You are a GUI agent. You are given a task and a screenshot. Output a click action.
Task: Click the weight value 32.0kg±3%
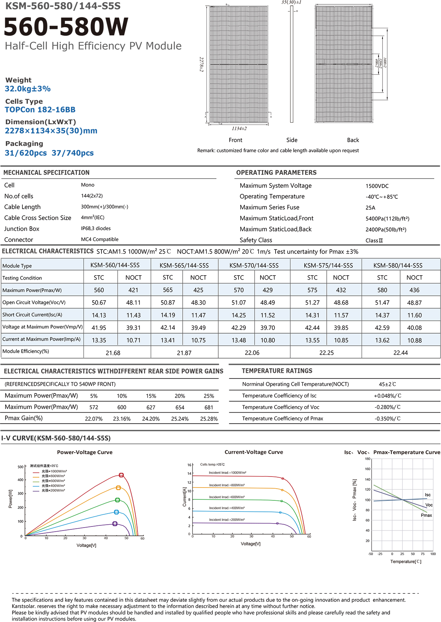[28, 89]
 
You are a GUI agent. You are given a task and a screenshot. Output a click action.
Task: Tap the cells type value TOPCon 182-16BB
[40, 110]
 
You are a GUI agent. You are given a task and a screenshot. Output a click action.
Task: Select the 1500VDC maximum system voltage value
[377, 186]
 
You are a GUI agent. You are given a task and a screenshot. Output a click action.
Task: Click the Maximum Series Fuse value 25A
[370, 208]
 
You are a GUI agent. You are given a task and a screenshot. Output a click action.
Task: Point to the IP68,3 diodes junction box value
[96, 229]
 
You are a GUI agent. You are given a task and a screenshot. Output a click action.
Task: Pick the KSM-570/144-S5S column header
[254, 266]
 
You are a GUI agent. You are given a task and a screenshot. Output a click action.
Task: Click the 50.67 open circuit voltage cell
[99, 303]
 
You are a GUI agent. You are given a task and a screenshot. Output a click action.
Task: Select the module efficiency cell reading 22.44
[401, 353]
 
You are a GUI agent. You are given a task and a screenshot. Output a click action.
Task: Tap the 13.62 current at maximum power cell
[382, 341]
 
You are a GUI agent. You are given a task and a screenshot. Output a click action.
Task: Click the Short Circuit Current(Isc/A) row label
[32, 315]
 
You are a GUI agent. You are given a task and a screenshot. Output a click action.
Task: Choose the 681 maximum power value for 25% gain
[209, 407]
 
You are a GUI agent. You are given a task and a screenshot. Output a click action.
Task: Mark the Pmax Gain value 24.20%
[151, 419]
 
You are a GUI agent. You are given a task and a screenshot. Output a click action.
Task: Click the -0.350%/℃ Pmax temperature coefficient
[388, 419]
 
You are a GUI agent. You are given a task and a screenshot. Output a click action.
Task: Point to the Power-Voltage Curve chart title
[85, 452]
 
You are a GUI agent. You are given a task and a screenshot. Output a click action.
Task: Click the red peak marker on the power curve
[121, 475]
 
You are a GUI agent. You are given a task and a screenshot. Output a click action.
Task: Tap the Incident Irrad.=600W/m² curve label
[227, 497]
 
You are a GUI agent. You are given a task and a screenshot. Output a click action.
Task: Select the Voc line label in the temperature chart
[429, 505]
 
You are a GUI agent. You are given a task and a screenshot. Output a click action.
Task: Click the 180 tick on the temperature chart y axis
[367, 459]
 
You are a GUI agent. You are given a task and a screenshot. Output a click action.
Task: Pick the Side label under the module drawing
[292, 140]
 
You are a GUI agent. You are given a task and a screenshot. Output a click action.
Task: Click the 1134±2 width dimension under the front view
[239, 129]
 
